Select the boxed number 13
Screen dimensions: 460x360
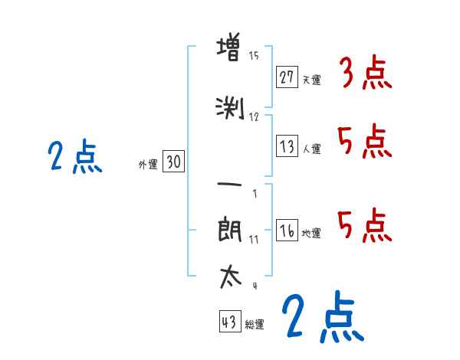pos(287,146)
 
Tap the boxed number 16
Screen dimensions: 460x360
pos(287,231)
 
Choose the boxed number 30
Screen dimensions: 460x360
pos(173,162)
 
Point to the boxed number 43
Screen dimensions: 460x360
pos(230,322)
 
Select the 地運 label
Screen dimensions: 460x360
pos(312,233)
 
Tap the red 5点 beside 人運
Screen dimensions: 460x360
pos(364,142)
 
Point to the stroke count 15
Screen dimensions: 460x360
pos(254,56)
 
